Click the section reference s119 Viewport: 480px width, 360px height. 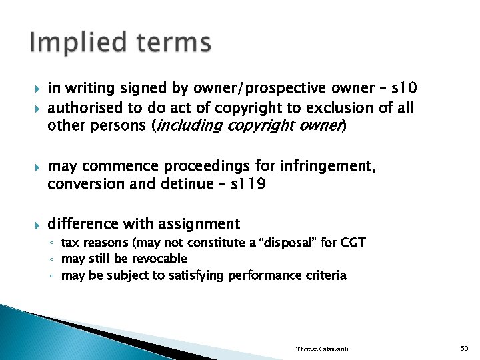tap(247, 183)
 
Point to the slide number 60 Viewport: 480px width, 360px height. tap(464, 348)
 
